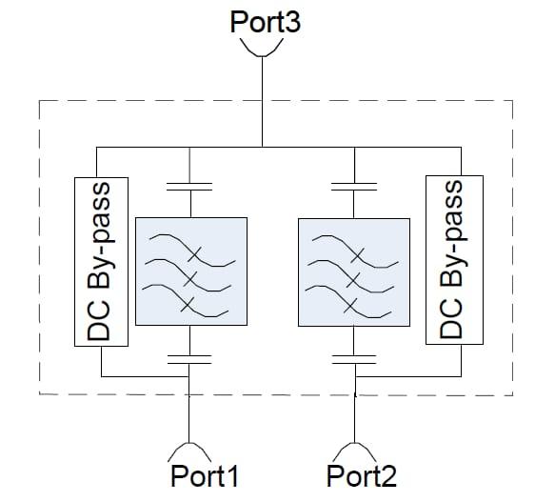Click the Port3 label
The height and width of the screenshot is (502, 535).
(265, 22)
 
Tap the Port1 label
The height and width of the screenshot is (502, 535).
(204, 476)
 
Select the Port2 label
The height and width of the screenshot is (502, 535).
(362, 476)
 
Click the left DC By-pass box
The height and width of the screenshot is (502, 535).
(101, 262)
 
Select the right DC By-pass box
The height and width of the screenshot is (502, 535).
(454, 260)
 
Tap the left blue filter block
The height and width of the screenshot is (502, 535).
(191, 271)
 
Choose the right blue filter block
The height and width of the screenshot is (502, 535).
(354, 272)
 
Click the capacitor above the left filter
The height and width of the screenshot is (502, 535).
(189, 187)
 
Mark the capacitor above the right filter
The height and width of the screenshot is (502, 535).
(354, 187)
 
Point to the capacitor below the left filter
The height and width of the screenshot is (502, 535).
(189, 360)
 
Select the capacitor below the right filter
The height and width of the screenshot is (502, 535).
(354, 360)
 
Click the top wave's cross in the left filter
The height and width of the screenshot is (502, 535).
(194, 254)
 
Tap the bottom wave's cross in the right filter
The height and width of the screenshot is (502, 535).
(350, 306)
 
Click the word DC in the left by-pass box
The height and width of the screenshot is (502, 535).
(99, 321)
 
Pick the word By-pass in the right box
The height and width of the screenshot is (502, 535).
(451, 234)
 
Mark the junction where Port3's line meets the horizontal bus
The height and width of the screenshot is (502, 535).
(262, 148)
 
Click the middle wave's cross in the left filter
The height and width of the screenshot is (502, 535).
(190, 279)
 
